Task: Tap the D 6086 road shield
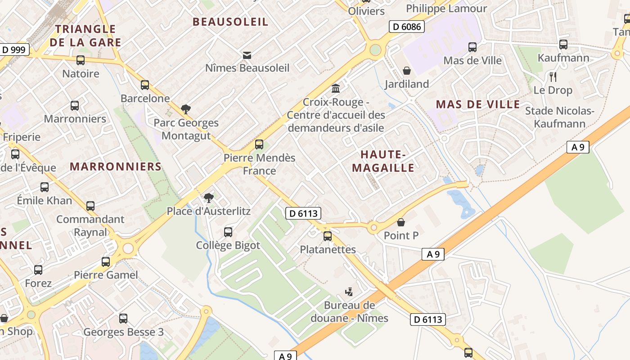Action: pyautogui.click(x=406, y=27)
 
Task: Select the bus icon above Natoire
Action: pyautogui.click(x=81, y=60)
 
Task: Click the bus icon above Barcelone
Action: pyautogui.click(x=145, y=85)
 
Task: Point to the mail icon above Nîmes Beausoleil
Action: pyautogui.click(x=247, y=55)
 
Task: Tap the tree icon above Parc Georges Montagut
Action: pyautogui.click(x=185, y=109)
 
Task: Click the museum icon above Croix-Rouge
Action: pyautogui.click(x=336, y=89)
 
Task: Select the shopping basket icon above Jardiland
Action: pyautogui.click(x=407, y=71)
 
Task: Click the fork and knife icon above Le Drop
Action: pyautogui.click(x=553, y=77)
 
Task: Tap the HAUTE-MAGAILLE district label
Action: pyautogui.click(x=383, y=161)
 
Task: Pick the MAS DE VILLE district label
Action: pyautogui.click(x=478, y=104)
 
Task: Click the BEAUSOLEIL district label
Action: pyautogui.click(x=230, y=22)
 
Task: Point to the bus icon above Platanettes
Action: pyautogui.click(x=328, y=236)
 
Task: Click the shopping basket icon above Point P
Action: pyautogui.click(x=401, y=222)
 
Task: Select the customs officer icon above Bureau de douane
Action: pyautogui.click(x=349, y=292)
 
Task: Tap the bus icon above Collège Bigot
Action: pyautogui.click(x=228, y=232)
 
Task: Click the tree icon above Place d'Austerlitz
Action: pyautogui.click(x=208, y=198)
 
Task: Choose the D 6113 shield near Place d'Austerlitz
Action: pyautogui.click(x=303, y=213)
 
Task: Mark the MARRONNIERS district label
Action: pyautogui.click(x=116, y=166)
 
